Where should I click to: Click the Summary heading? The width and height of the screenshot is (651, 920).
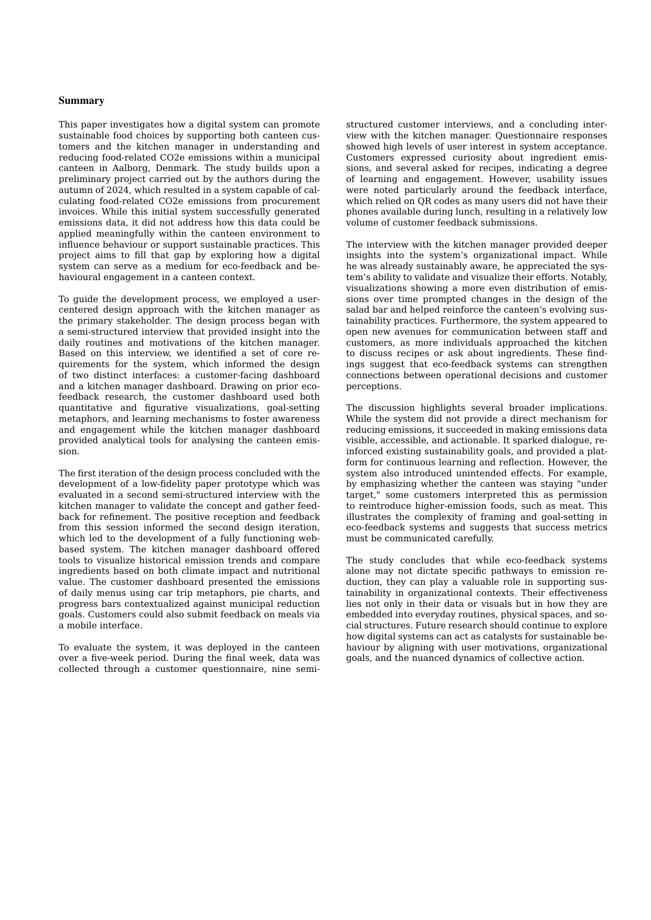tap(81, 101)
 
